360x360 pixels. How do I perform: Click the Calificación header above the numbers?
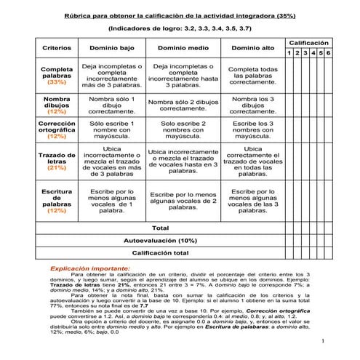coord(308,44)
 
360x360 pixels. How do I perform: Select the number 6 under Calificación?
coord(329,53)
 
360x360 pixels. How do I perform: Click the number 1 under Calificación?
coord(289,53)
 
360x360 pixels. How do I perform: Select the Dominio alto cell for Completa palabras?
coord(252,76)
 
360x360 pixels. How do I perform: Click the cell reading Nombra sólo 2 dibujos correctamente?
coord(183,105)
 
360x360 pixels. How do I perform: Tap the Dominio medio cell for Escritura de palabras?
coord(183,201)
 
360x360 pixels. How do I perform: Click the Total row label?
coord(159,228)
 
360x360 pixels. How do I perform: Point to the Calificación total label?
coord(160,252)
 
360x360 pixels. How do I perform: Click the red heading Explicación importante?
coord(90,268)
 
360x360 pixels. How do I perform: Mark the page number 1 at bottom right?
coord(321,340)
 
